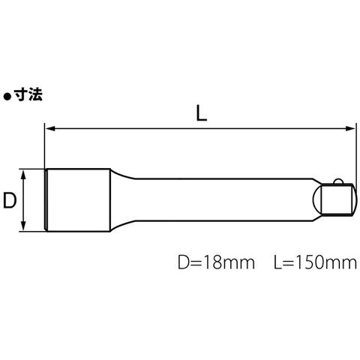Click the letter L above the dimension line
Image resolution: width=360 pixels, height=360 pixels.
[x=202, y=113]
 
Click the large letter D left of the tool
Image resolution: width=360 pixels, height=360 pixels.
[x=10, y=200]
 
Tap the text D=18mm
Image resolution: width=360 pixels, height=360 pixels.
[x=216, y=262]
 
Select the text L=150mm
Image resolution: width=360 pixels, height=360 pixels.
[x=315, y=262]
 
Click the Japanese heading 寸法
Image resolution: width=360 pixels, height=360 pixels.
[x=28, y=95]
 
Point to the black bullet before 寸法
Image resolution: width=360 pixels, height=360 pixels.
[x=7, y=97]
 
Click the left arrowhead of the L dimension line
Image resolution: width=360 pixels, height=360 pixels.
[x=49, y=128]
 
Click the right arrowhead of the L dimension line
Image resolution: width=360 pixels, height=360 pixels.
[x=350, y=128]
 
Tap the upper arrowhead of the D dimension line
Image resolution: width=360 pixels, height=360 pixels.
[x=23, y=174]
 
